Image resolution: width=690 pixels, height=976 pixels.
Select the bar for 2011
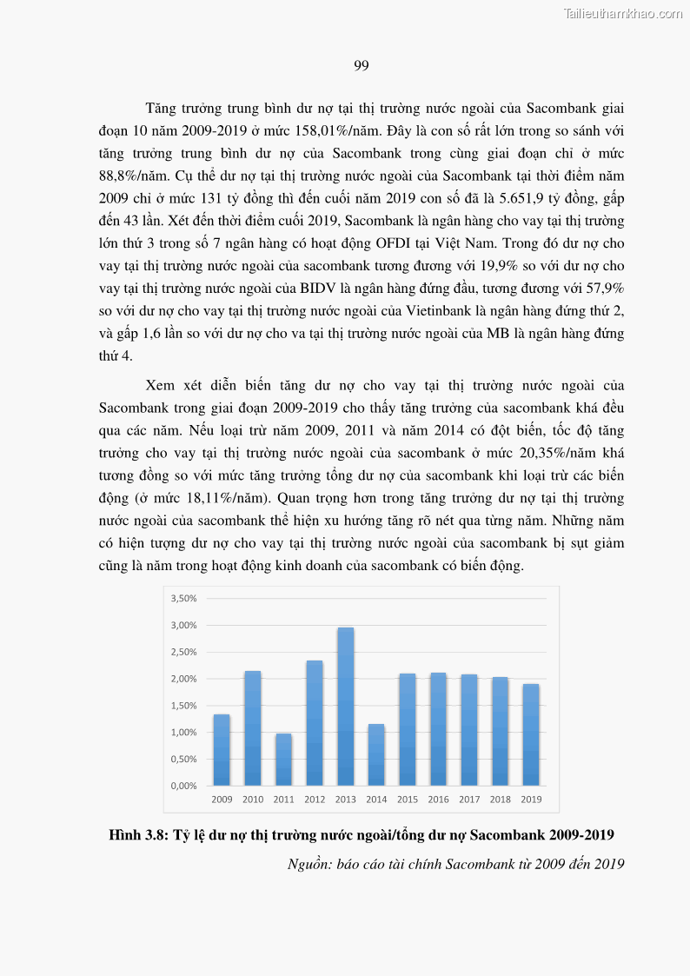283,759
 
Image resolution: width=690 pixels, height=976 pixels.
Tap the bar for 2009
222,749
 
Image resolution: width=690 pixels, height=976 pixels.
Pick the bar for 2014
376,754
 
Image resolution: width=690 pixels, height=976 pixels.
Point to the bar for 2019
531,734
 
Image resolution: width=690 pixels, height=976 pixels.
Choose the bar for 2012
315,722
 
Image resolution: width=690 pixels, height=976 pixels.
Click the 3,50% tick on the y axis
183,598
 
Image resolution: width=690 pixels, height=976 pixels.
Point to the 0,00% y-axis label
183,786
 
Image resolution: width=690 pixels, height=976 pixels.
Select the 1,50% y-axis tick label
183,705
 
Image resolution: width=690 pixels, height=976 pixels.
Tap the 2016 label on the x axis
438,800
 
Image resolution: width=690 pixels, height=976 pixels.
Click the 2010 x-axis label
253,800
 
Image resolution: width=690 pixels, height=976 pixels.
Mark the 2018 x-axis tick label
500,800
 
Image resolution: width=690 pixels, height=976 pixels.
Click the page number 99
362,66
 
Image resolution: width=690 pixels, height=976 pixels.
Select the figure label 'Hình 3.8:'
139,835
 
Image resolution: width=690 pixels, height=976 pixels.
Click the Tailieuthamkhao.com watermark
623,13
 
